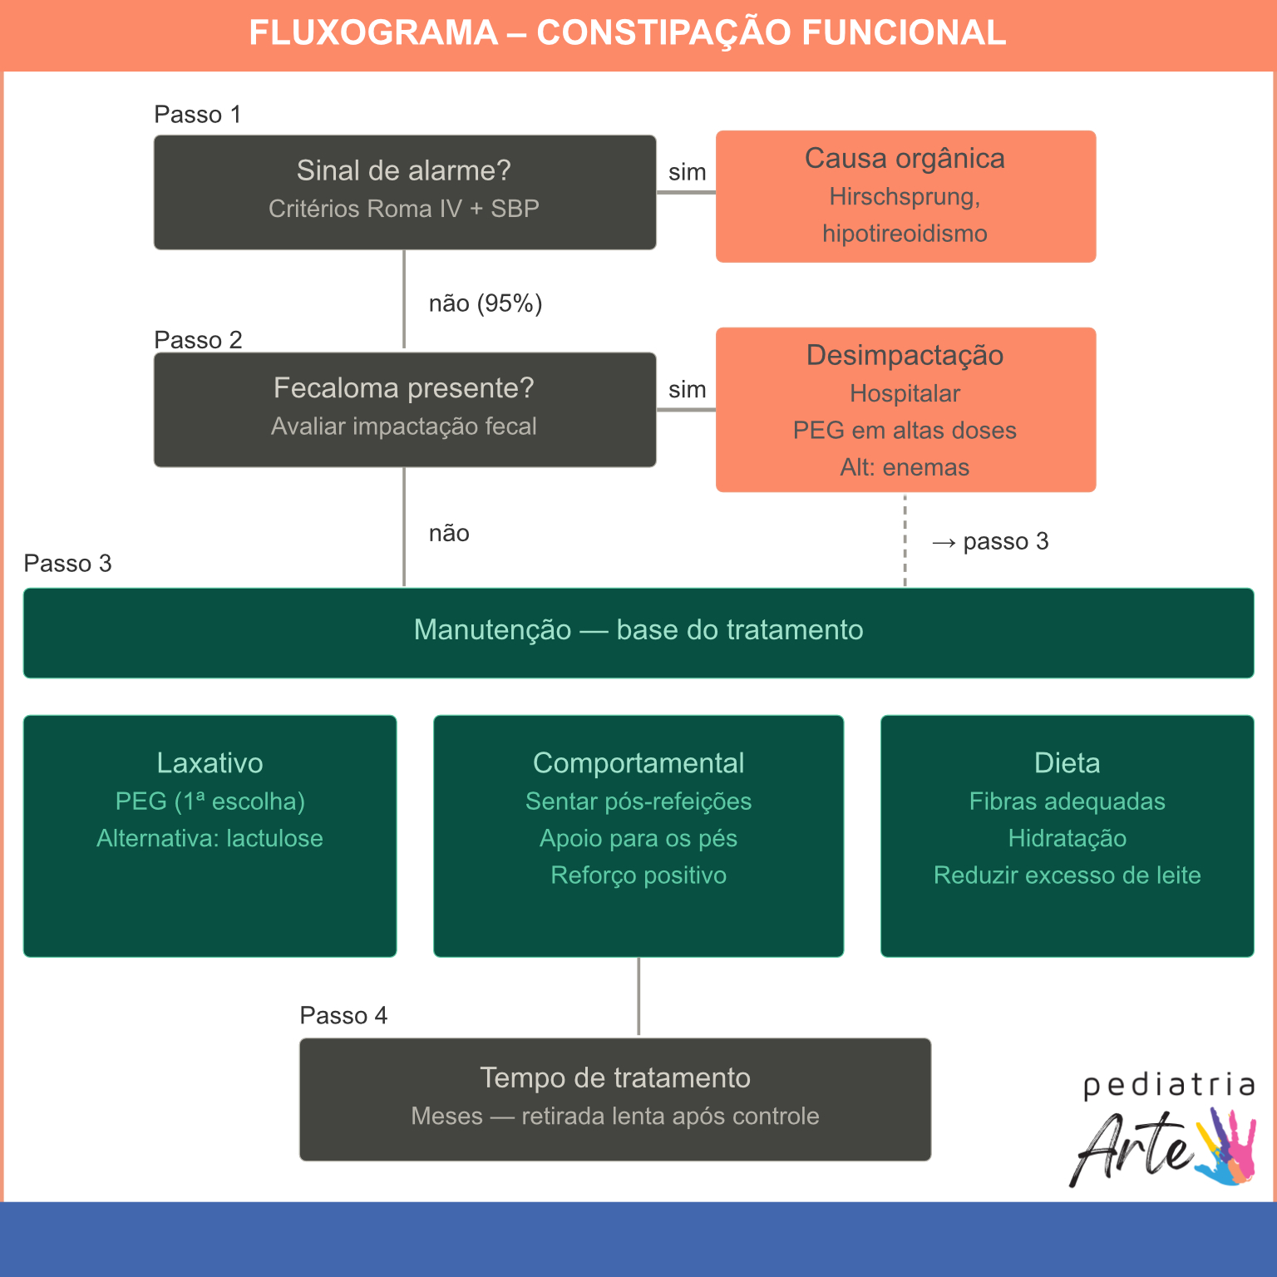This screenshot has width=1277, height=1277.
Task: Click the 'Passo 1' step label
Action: (198, 115)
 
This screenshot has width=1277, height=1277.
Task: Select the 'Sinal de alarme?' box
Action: (404, 192)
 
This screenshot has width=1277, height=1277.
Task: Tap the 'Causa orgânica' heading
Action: (905, 159)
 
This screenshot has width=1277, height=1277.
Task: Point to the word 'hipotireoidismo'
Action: (905, 234)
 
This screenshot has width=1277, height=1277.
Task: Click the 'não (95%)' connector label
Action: (486, 303)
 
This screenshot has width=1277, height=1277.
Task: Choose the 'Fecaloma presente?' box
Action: (404, 409)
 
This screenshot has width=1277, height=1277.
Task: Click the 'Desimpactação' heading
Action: (905, 356)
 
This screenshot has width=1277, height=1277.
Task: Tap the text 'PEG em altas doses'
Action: (905, 431)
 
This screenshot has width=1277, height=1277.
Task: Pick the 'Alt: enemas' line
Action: (905, 467)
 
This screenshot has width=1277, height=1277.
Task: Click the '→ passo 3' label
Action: (990, 542)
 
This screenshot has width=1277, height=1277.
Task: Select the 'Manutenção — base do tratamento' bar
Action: (638, 631)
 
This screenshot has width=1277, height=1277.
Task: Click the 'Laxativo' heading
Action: (210, 763)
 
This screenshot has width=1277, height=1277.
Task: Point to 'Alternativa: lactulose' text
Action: (210, 838)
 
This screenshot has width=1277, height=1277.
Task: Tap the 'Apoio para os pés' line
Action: (638, 838)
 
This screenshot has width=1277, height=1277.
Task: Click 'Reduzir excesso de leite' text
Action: (1067, 875)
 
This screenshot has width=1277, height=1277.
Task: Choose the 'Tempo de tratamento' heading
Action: (615, 1078)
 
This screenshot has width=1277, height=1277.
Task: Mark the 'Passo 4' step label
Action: (343, 1016)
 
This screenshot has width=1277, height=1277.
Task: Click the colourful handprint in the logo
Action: (1226, 1147)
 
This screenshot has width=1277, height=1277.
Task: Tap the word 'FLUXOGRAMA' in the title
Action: (373, 33)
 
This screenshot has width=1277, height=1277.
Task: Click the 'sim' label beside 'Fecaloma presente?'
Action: (687, 390)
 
